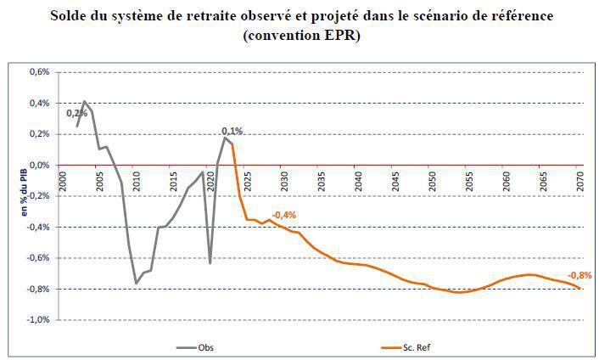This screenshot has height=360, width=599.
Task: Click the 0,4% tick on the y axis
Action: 39,104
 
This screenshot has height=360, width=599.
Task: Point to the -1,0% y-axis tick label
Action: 37,320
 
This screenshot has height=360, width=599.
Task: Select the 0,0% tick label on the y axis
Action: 39,166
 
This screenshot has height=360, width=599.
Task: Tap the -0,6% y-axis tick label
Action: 37,258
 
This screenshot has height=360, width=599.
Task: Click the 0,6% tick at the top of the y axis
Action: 39,72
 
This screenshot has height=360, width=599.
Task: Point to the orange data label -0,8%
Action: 579,275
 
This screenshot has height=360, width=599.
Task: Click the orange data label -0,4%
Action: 283,215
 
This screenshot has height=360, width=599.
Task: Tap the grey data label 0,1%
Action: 232,131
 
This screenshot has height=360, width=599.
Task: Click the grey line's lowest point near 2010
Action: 137,283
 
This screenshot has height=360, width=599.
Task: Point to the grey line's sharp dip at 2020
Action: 210,262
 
